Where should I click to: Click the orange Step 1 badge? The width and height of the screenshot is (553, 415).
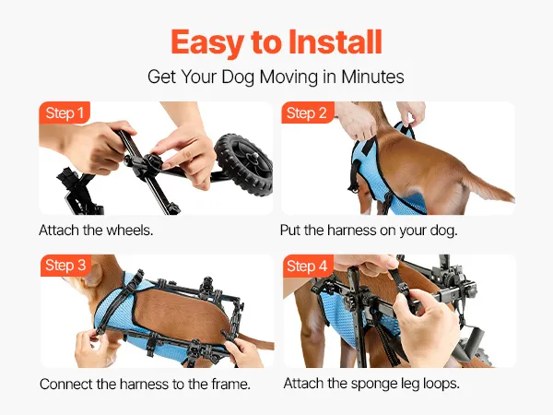tap(65, 113)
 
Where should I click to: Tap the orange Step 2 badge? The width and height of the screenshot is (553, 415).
tap(307, 113)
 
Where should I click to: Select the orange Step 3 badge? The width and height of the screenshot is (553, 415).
tap(65, 266)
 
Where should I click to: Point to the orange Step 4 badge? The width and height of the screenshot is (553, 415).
tap(308, 266)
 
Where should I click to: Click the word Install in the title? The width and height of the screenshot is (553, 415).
tap(335, 42)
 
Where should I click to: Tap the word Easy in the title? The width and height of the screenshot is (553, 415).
tap(207, 43)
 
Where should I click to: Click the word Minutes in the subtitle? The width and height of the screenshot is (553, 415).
tap(372, 77)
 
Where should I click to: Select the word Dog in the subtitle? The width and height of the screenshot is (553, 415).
tap(238, 77)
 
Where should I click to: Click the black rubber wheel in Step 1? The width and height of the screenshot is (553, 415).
tap(244, 164)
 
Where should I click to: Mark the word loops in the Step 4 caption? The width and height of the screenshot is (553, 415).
tap(441, 384)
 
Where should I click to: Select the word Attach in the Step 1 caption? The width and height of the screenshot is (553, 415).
tap(59, 230)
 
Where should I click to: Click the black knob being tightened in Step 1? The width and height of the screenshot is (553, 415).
tap(154, 162)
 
